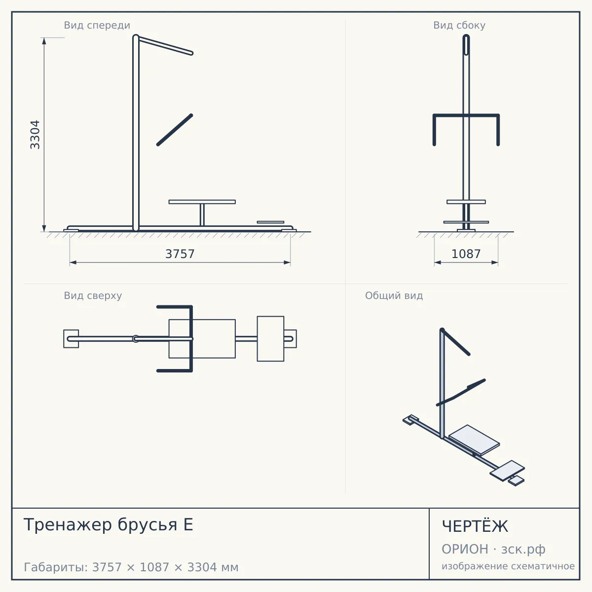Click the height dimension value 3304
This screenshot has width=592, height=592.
coord(35,135)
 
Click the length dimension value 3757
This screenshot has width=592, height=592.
coord(180,254)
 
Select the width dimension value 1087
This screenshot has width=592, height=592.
coord(466,254)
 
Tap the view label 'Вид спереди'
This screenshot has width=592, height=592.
coord(97,25)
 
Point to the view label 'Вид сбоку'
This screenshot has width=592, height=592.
coord(459,25)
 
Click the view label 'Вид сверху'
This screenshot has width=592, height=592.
coord(93,296)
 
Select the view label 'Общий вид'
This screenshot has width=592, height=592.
coord(394,296)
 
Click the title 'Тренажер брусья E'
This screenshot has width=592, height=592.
coord(108,524)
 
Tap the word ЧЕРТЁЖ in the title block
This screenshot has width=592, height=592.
coord(475,525)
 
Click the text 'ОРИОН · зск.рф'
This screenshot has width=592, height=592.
coord(493,549)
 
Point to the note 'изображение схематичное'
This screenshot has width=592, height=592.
coord(508,566)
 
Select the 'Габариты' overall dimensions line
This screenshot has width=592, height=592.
coord(131,567)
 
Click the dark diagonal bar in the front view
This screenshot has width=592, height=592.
coord(175,130)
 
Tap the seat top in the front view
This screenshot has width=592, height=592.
coord(202,202)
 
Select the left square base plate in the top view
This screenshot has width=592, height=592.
coord(71,339)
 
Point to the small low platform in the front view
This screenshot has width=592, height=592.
coord(271,222)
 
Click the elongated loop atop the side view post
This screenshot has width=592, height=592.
coord(466,45)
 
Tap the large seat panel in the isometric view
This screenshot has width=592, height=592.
coord(474,440)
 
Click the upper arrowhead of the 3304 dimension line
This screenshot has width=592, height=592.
coord(44,41)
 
